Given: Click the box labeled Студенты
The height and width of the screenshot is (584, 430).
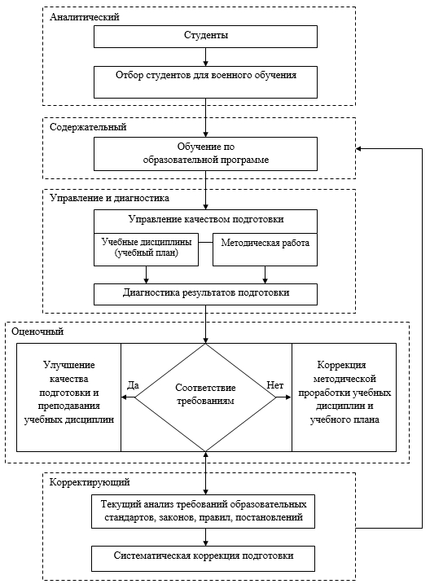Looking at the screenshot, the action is (205, 37).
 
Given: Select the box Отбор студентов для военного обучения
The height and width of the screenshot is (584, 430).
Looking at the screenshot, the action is (205, 82).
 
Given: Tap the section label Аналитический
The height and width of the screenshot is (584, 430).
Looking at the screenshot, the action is (85, 17).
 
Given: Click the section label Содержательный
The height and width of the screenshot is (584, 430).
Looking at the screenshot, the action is (88, 127).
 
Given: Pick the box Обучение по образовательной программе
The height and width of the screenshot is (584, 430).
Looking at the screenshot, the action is (205, 154).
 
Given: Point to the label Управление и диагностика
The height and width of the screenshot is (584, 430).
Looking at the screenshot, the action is (109, 198).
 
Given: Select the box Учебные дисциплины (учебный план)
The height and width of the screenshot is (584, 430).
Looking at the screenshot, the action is (146, 249).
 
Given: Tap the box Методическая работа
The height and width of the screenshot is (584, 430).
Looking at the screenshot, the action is (265, 249).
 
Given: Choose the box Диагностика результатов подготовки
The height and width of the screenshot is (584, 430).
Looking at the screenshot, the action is (205, 294).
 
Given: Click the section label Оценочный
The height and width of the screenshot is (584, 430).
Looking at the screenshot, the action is (37, 332).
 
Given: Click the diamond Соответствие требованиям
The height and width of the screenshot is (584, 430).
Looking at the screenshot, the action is (205, 397).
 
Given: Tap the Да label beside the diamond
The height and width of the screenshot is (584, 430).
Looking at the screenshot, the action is (133, 385).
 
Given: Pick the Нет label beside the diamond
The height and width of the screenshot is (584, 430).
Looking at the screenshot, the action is (275, 385).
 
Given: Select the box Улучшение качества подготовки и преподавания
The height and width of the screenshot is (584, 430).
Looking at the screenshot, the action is (69, 397).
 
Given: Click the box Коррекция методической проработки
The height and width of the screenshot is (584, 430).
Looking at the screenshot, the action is (344, 397).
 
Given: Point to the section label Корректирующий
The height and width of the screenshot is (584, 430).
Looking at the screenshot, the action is (90, 482).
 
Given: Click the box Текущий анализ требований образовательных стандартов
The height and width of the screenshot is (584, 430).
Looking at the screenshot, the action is (204, 512).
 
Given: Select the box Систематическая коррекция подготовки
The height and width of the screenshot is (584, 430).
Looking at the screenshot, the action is (204, 559).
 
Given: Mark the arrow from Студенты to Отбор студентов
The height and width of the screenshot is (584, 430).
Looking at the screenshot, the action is (205, 57).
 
